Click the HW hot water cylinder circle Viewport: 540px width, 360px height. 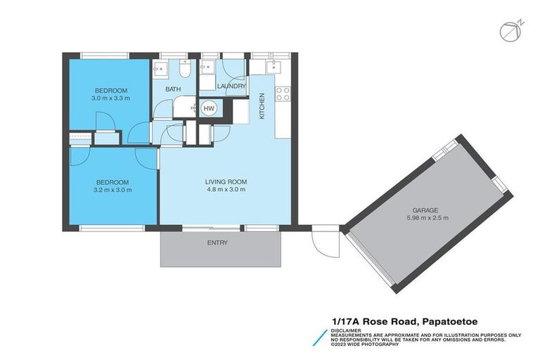tap(209, 108)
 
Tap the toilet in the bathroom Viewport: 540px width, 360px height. tap(184, 69)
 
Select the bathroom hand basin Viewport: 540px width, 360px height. tap(160, 69)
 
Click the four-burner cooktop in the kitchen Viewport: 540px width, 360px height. tap(283, 94)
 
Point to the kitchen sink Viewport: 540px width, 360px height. tap(274, 67)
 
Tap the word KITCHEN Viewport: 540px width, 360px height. tap(262, 106)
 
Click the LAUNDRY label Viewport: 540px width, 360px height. tap(231, 86)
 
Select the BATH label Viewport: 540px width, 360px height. tap(173, 90)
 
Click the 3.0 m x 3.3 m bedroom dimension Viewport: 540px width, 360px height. tap(111, 99)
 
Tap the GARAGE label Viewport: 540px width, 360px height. tap(427, 210)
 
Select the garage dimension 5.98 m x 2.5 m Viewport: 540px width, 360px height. tap(427, 219)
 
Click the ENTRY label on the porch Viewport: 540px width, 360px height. tap(217, 243)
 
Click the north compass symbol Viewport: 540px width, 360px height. tap(508, 31)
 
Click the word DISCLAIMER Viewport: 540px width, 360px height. tap(347, 329)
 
